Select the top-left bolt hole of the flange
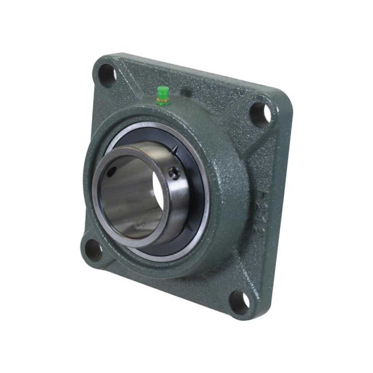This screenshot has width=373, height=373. (107, 75)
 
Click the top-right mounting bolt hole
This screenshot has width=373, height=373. (260, 112)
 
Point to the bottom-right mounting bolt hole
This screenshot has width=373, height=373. (239, 302)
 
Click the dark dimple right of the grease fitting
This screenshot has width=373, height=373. (186, 93)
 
